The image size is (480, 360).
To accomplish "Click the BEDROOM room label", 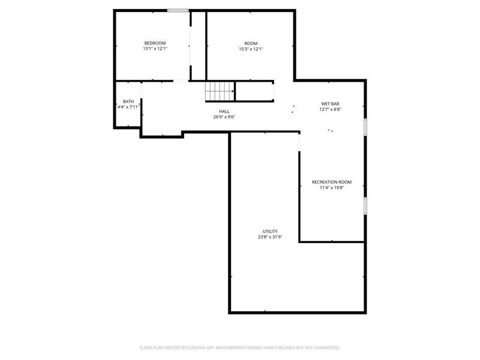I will point(155,43).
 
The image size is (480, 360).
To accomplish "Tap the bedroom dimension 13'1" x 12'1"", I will point(155,49).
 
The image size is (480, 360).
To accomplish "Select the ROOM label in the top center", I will point(251,43).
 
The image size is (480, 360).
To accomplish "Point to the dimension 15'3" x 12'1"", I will point(251,49).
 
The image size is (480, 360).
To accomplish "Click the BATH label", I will point(128,101).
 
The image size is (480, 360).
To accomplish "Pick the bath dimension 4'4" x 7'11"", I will point(128,107).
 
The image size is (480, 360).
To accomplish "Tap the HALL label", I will point(224,112).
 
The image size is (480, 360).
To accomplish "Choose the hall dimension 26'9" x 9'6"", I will point(224,118).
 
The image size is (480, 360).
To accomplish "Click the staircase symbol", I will point(219,92).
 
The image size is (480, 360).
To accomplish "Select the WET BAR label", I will point(331,104).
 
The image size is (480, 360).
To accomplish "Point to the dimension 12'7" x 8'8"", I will point(331,110).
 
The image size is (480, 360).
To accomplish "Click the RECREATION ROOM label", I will point(332,182).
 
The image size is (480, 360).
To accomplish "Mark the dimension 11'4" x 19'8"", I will point(332,188).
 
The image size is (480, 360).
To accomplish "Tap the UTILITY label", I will point(270,231).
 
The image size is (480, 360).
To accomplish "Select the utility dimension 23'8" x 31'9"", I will point(270,237).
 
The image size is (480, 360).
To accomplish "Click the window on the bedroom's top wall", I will point(178,10).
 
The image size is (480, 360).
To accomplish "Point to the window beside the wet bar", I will point(365,128).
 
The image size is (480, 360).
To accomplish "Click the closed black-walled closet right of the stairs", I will point(254,92).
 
